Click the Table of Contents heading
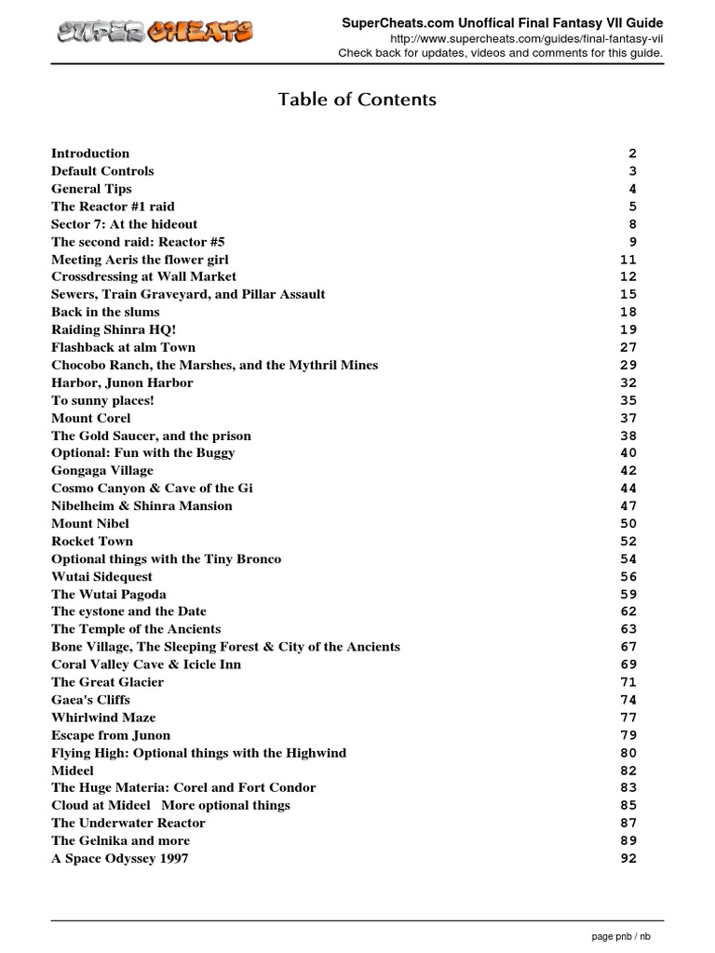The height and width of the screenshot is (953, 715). point(357,99)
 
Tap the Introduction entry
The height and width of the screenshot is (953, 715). point(90,154)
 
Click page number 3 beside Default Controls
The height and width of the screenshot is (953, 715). point(632,171)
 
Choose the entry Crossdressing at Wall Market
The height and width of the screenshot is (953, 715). point(143,276)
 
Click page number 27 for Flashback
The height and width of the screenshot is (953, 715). point(628,347)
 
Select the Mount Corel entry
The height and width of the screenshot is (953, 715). point(91,418)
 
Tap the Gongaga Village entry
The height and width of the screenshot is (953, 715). point(102,471)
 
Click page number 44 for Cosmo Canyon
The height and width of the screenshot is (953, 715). point(628,489)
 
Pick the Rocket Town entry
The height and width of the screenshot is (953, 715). point(92,542)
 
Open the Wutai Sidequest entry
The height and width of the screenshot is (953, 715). point(101,577)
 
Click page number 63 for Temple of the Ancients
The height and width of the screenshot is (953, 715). point(628,629)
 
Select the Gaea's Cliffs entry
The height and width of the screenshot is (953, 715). point(90,700)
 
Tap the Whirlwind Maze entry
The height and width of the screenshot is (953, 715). point(103,718)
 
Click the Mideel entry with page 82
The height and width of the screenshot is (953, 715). point(73,771)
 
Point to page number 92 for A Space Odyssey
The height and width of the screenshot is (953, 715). point(628,858)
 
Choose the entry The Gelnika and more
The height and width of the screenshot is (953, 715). point(120,840)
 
